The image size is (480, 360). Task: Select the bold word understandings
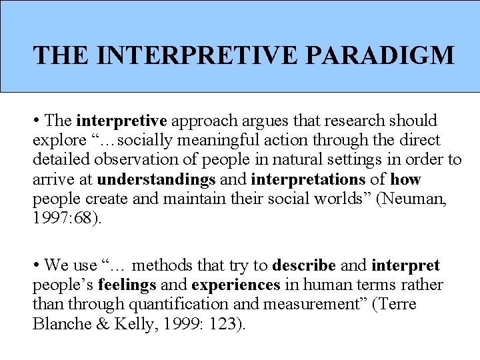point(157,180)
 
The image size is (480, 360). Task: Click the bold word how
point(405,180)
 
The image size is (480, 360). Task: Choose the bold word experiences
point(236,285)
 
